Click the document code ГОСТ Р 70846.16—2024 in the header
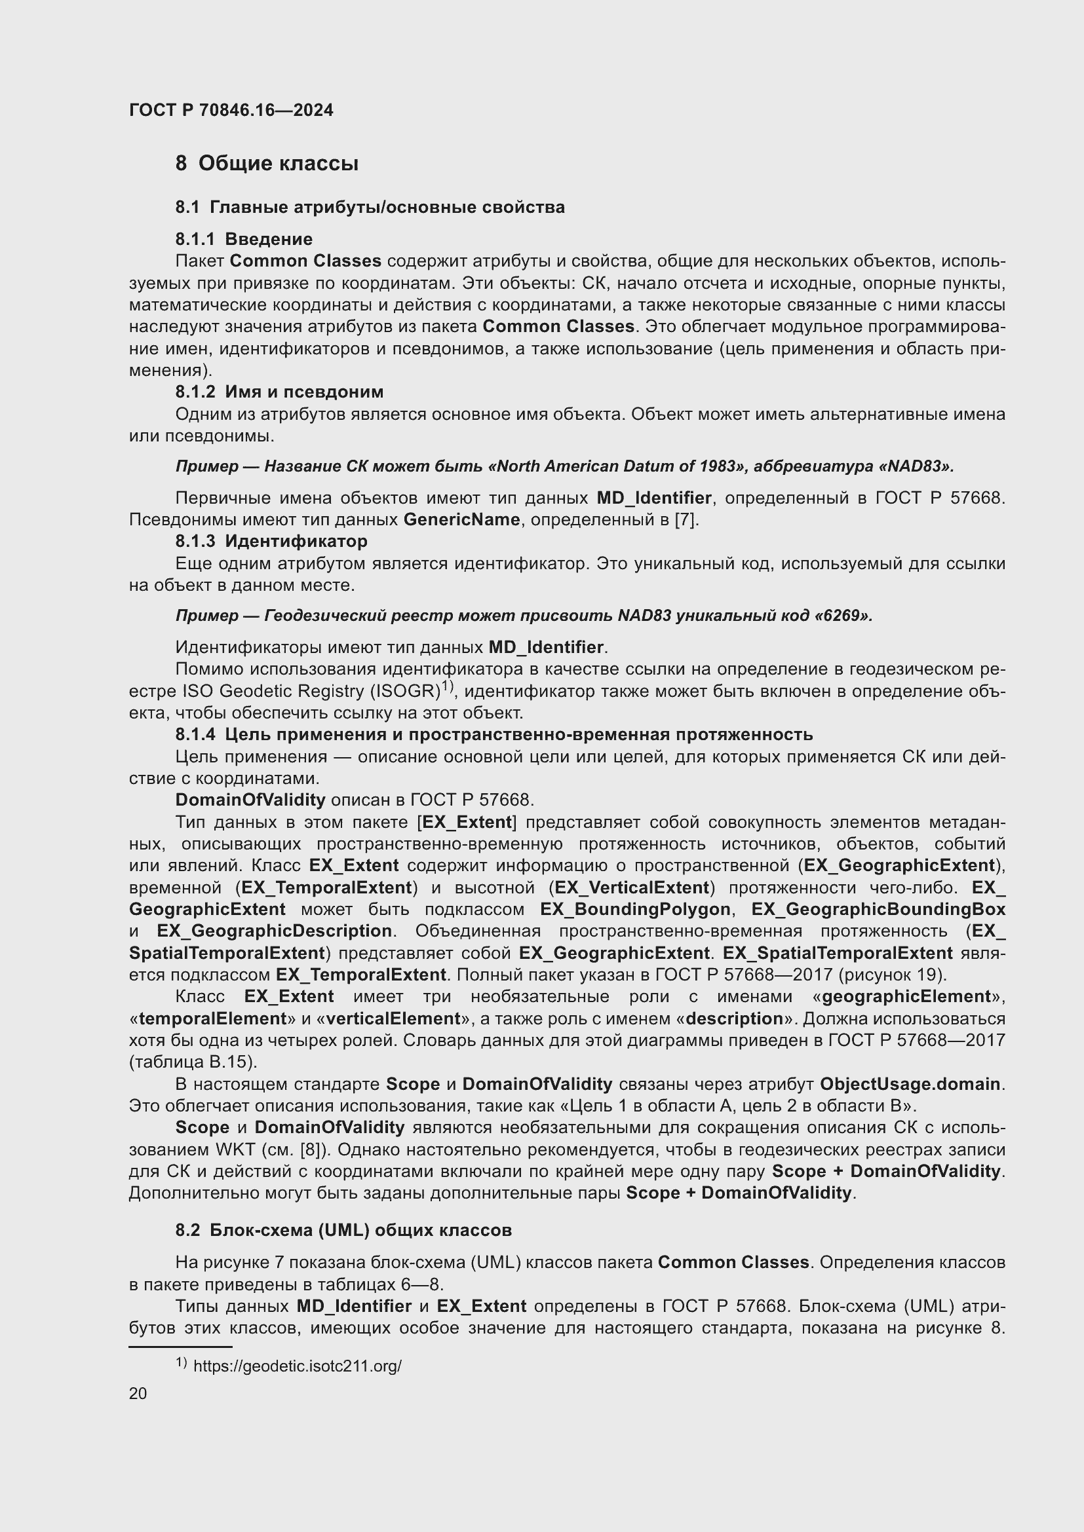click(x=231, y=110)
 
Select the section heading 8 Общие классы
click(x=266, y=164)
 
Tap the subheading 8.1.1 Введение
click(x=244, y=239)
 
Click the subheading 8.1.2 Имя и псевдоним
click(x=279, y=392)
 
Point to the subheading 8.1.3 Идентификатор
click(x=271, y=541)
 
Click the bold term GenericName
click(x=461, y=520)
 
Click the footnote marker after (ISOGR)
click(x=446, y=685)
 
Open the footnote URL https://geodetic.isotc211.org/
click(x=297, y=1366)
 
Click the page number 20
click(x=138, y=1394)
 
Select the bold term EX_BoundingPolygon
click(x=635, y=910)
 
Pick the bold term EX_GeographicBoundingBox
click(x=878, y=910)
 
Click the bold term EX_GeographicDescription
click(x=275, y=931)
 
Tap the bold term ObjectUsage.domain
click(x=910, y=1084)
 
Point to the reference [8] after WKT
click(x=313, y=1149)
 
